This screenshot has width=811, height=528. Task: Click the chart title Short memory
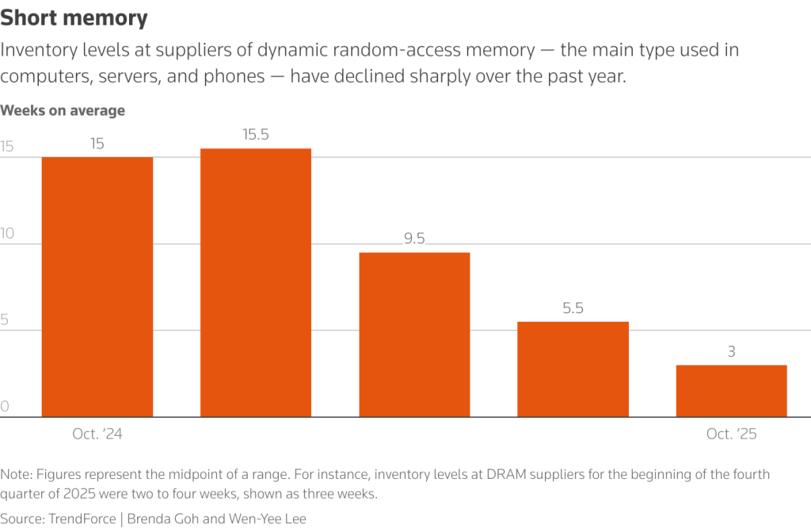(x=74, y=17)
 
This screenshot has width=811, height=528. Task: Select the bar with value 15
(x=97, y=286)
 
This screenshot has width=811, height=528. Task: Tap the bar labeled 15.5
(x=256, y=282)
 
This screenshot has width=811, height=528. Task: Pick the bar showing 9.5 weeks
(x=414, y=334)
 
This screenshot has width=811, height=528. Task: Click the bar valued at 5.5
(x=573, y=369)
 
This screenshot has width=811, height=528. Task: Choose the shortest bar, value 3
(x=731, y=390)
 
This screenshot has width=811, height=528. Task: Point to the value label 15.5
(x=256, y=135)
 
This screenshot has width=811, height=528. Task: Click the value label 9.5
(x=414, y=239)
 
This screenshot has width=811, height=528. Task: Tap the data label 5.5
(x=573, y=308)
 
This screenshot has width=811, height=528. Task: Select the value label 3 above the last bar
(x=731, y=351)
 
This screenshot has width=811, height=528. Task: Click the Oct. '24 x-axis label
(x=97, y=434)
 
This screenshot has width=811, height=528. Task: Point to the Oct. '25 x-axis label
(x=731, y=434)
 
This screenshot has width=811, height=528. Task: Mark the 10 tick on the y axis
(x=8, y=233)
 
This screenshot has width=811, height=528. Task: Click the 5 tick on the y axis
(x=5, y=319)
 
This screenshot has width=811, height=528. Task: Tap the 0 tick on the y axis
(x=5, y=406)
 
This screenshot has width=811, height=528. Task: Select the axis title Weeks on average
(x=63, y=110)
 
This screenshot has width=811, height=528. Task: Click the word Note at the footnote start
(x=15, y=474)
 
